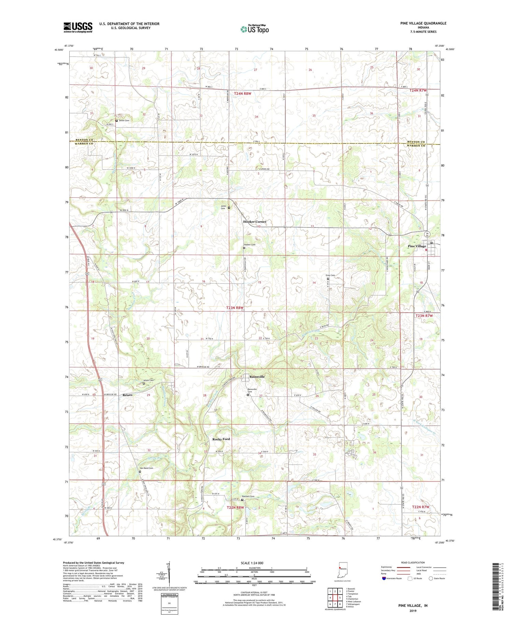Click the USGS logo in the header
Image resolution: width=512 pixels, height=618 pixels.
click(x=78, y=27)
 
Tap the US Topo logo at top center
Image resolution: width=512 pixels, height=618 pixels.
click(x=254, y=29)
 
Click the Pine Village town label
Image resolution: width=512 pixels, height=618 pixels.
click(x=417, y=246)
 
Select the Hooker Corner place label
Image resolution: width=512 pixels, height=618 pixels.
click(x=255, y=222)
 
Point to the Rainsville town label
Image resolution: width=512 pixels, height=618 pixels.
click(x=257, y=377)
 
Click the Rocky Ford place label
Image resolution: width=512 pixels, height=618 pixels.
click(x=221, y=439)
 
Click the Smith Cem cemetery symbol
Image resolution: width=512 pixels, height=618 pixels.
click(x=116, y=121)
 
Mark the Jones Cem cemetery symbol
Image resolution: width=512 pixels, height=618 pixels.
click(x=229, y=208)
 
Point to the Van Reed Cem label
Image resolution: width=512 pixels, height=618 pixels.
click(x=146, y=468)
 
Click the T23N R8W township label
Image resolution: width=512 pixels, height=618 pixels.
click(x=235, y=308)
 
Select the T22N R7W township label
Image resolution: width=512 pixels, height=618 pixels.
click(x=421, y=507)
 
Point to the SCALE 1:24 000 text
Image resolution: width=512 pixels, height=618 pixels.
click(x=252, y=563)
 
